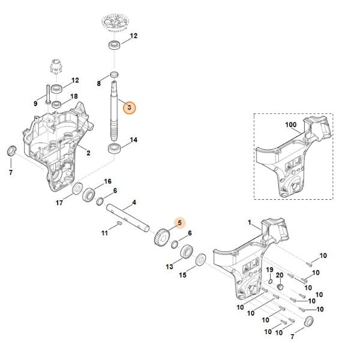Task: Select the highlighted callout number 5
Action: click(179, 223)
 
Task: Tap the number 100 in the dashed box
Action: click(291, 125)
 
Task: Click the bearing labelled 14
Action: click(114, 148)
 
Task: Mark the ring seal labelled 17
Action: click(77, 191)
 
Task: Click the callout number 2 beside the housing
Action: click(88, 153)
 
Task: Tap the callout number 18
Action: click(74, 96)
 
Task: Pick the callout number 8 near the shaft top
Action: click(99, 83)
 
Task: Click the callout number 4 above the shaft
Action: click(134, 202)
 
